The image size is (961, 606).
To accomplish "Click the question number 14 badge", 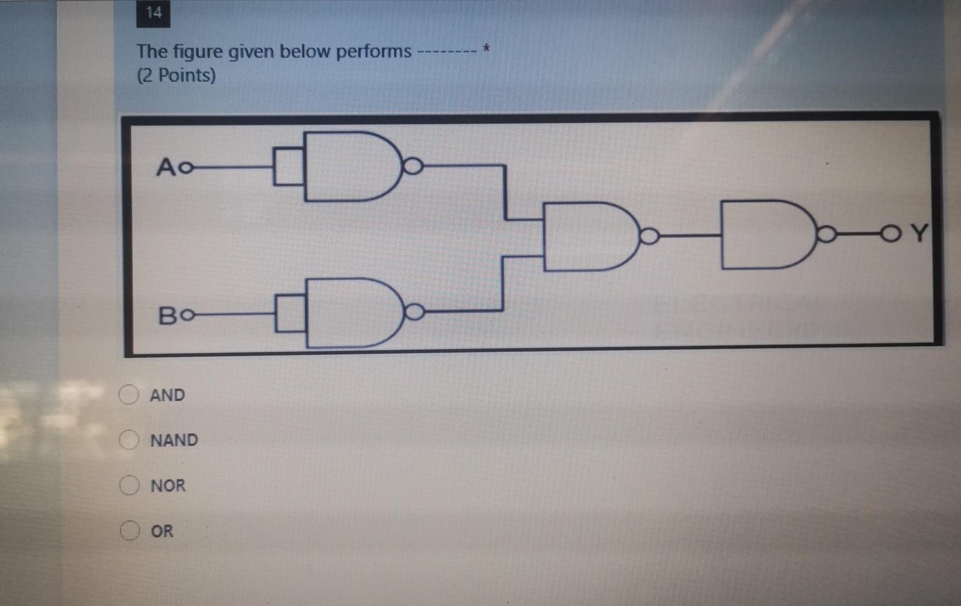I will coord(153,13).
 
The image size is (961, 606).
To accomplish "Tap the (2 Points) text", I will coord(176,76).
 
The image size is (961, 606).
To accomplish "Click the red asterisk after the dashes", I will coord(486,50).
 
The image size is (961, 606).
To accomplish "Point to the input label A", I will coord(166,167).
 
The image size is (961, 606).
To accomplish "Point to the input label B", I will coord(168,316).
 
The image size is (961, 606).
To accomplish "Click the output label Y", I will coord(920,233).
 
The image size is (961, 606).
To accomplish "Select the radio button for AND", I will coord(129,395).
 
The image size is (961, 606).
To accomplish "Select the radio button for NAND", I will coord(129,440).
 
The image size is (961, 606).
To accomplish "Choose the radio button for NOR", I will coord(129,485).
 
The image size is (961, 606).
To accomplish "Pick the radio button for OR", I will coord(129,530).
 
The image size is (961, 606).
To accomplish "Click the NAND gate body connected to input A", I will coord(348,167).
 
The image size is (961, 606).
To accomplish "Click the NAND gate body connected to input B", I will coord(350,313).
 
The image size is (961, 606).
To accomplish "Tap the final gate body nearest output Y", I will coord(764,234).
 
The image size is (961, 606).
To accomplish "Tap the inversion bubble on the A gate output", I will coord(413,166).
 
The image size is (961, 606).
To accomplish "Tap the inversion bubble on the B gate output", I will coord(414,312).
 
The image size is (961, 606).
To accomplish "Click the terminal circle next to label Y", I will coord(890,234).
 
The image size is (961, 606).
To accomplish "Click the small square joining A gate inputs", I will coord(289,167).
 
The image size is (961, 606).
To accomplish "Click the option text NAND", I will coord(174,440).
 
